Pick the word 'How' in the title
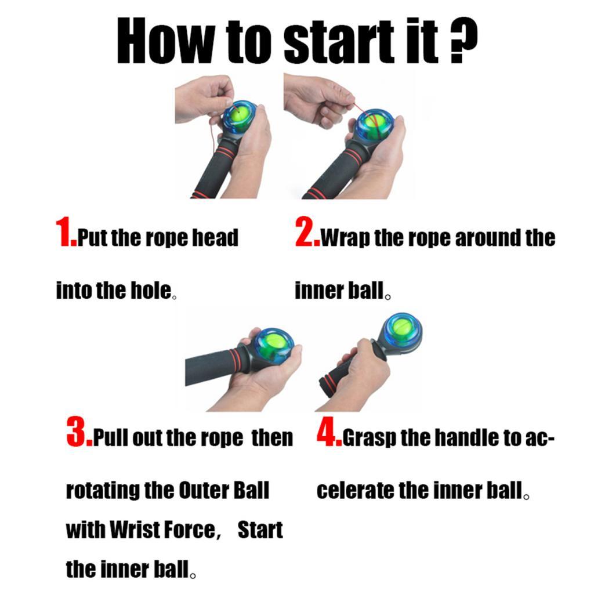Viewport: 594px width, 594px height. (165, 42)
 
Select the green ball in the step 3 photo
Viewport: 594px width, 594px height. (271, 347)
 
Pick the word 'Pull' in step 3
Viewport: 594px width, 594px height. (112, 439)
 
